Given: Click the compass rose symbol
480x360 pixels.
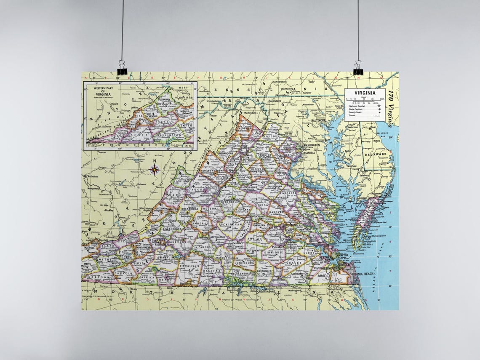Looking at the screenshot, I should pos(155,169).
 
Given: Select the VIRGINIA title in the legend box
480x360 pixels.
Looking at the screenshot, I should pos(365,93).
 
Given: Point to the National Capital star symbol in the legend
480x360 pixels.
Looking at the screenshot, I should pos(380,105).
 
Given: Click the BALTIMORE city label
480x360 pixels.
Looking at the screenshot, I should pos(318,120).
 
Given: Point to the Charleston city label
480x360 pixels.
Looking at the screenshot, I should pos(92,176).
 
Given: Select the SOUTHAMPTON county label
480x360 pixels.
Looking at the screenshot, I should pos(298,273).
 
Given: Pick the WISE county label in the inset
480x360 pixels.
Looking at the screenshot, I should pos(139,115).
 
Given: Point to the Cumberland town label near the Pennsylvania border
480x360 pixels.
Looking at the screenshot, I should pos(214,101).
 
